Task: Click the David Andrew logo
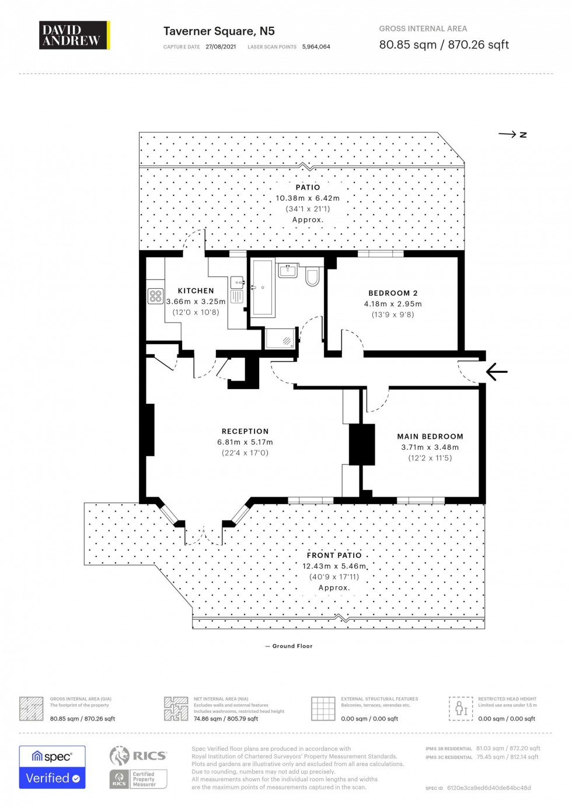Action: coord(74,36)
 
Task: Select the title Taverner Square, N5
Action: coord(219,32)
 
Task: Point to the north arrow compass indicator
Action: coord(512,135)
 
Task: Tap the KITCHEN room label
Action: coord(196,291)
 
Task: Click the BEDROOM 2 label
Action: coord(393,293)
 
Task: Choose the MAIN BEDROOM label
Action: coord(430,436)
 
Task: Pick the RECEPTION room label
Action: coord(245,431)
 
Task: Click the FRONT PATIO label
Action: coord(334,555)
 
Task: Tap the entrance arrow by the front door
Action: coord(497,372)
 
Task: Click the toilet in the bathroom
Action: coord(313,277)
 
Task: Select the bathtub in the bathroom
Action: coord(263,288)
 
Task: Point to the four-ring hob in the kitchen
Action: coord(155,296)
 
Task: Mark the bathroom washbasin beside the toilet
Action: coord(288,271)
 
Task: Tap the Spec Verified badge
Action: coord(53,767)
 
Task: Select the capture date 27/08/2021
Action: coord(221,47)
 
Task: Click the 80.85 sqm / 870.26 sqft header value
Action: coord(444,45)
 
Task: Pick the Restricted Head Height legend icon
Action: coord(461,708)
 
